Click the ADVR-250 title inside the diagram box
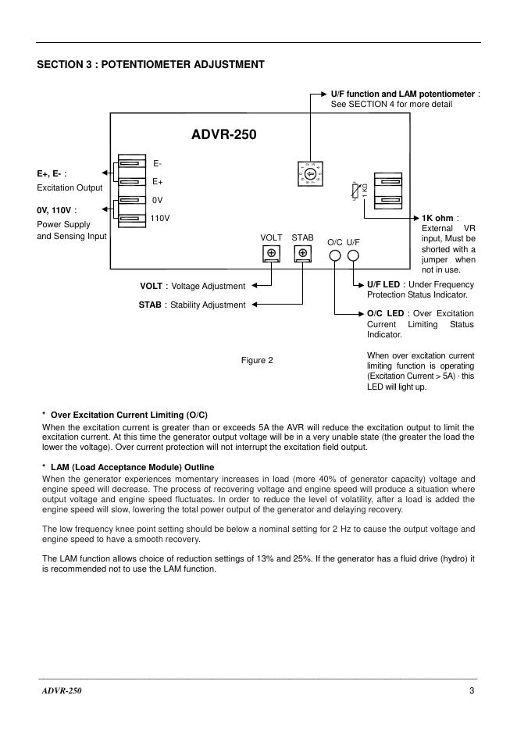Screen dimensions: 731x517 pyautogui.click(x=223, y=135)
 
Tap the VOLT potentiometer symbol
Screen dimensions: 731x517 pyautogui.click(x=271, y=253)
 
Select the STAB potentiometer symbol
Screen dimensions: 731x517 pyautogui.click(x=302, y=253)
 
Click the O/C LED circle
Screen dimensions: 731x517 pyautogui.click(x=335, y=255)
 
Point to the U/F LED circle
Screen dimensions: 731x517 pyautogui.click(x=354, y=255)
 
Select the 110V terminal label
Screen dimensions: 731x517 pyautogui.click(x=160, y=218)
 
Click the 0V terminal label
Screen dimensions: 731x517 pyautogui.click(x=157, y=200)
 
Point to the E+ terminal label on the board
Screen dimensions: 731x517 pyautogui.click(x=157, y=182)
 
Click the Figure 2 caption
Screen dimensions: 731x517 pyautogui.click(x=257, y=360)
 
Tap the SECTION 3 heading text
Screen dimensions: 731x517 pyautogui.click(x=151, y=64)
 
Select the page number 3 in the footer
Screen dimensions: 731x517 pyautogui.click(x=472, y=690)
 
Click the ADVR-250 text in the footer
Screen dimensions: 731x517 pyautogui.click(x=62, y=690)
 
